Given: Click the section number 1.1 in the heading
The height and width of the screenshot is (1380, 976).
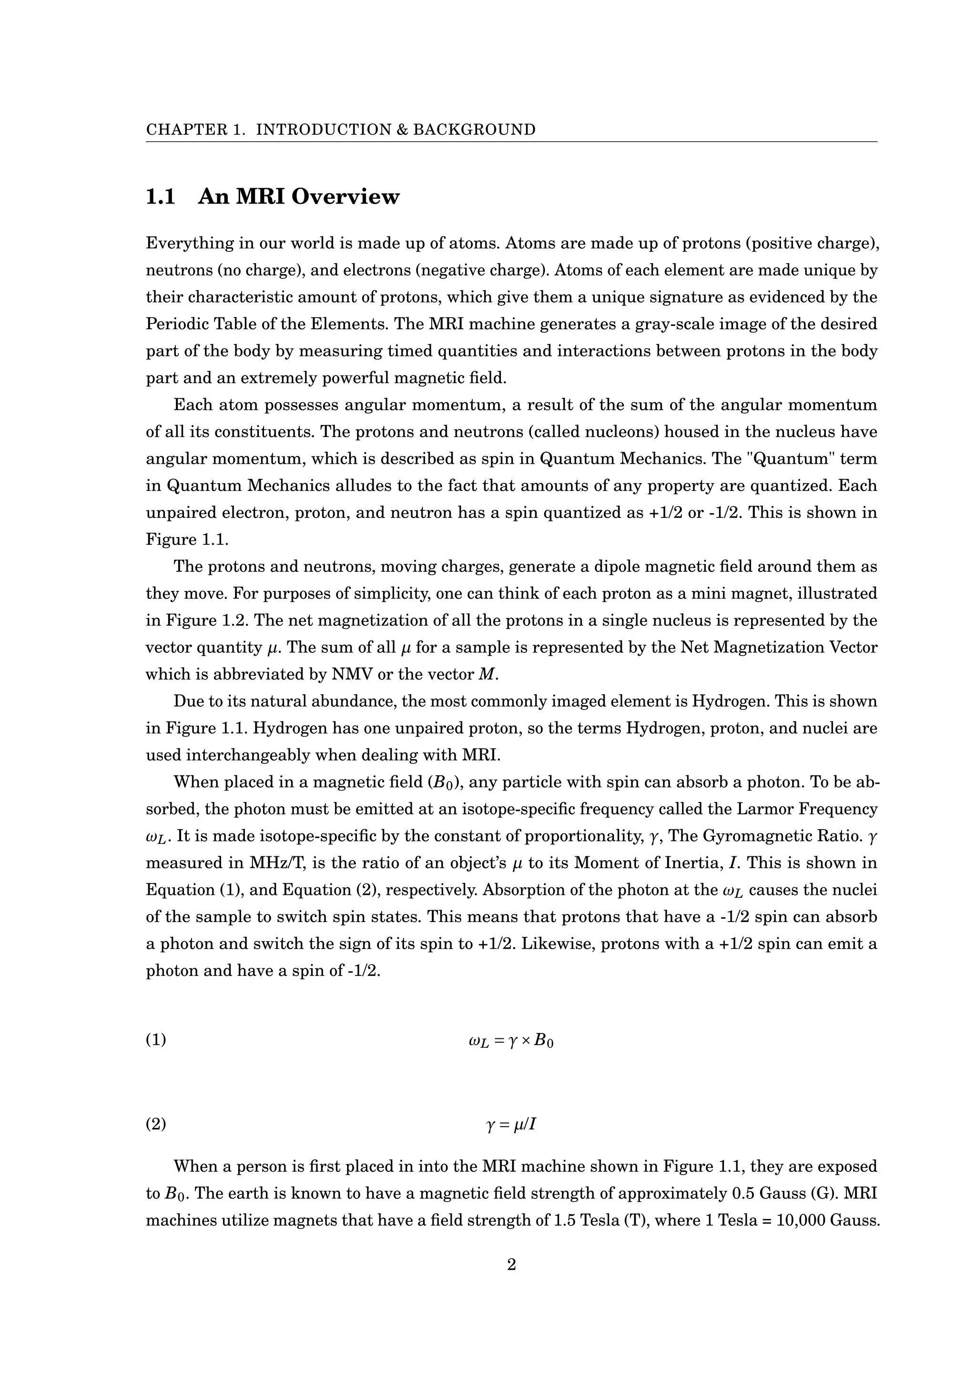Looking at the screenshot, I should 161,196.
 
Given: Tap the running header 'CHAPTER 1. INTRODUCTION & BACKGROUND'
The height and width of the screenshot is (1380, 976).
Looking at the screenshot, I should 341,130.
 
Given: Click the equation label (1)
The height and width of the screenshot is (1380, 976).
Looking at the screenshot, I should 156,1039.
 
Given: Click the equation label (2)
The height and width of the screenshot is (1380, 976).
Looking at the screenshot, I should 156,1123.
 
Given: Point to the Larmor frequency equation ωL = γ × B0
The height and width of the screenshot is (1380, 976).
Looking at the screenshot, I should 511,1040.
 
